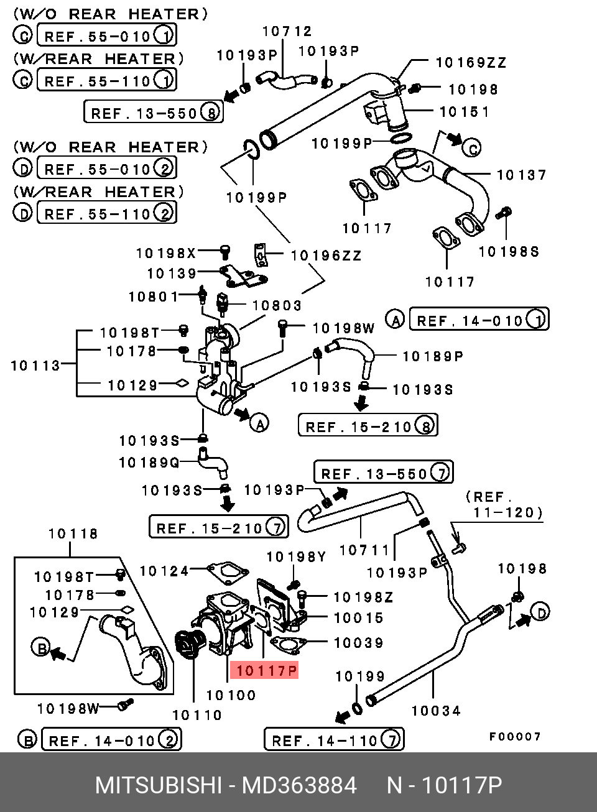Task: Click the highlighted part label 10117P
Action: [x=264, y=670]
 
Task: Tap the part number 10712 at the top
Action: [x=287, y=31]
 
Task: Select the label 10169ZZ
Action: [x=471, y=63]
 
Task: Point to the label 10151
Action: [x=465, y=112]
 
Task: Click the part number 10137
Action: [x=521, y=175]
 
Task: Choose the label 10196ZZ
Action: [x=326, y=256]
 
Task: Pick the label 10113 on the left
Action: [x=35, y=366]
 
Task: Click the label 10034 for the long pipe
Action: [x=436, y=711]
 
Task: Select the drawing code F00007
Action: [x=515, y=737]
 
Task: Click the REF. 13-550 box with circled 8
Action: [x=154, y=112]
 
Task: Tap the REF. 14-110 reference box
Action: [x=334, y=739]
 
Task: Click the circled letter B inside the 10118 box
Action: [x=40, y=648]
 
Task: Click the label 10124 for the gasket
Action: [x=164, y=571]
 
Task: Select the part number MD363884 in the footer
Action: [x=299, y=785]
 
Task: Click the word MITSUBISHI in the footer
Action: [x=159, y=785]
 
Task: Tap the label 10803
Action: [x=277, y=305]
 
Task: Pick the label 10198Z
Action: [x=363, y=597]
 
